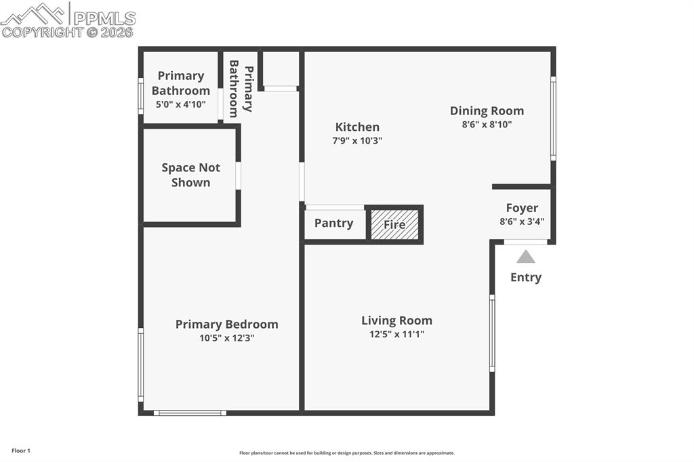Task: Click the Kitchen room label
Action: point(357,127)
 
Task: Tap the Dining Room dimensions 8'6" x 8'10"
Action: point(487,125)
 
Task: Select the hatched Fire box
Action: point(394,224)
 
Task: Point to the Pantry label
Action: point(333,223)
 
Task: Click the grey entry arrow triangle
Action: point(525,257)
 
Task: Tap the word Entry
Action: point(525,277)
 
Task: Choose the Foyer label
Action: point(522,208)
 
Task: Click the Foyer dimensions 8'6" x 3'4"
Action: point(522,221)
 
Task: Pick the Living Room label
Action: point(396,320)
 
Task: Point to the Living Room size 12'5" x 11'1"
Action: point(396,334)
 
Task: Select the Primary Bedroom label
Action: point(226,324)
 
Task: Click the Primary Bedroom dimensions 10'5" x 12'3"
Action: point(226,337)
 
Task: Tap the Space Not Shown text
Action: point(190,175)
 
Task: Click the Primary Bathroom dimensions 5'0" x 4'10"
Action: point(180,104)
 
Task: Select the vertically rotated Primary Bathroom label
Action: point(241,88)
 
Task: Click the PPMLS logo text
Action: point(104,18)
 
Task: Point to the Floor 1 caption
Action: point(21,450)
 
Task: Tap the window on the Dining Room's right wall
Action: point(553,119)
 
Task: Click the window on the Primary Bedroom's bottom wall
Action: point(189,412)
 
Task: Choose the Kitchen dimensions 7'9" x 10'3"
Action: point(357,141)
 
